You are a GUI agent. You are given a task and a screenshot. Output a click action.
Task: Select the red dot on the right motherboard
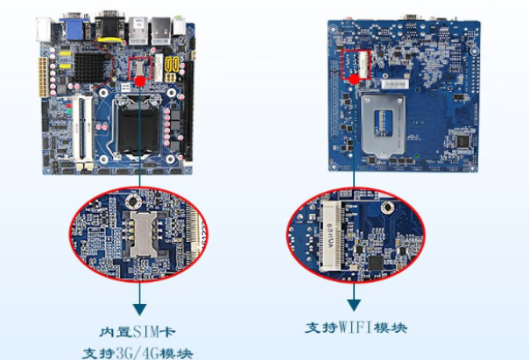[x=355, y=79]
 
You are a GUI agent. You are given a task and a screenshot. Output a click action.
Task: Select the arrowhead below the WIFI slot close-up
[x=353, y=304]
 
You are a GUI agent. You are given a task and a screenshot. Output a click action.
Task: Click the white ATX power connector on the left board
[x=40, y=80]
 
